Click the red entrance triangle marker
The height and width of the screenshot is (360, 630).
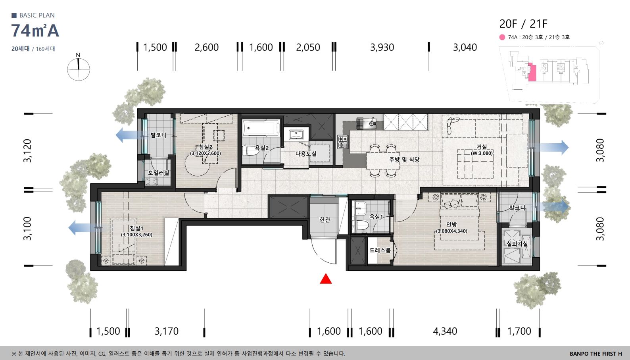coord(326,279)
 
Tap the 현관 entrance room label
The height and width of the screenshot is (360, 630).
coord(325,219)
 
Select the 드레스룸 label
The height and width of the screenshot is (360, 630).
coord(380,250)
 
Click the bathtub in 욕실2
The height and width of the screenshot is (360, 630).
coord(261,128)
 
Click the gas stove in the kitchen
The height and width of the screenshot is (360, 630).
coord(342,142)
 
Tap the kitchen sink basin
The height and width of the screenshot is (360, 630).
coord(372,123)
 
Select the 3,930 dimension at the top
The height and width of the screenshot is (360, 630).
coord(382,47)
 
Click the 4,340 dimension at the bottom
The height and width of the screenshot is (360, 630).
coord(445,331)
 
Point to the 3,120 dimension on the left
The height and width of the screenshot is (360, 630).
coord(27,150)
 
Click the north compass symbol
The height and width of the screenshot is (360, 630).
coord(79,67)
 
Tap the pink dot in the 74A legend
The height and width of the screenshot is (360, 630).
coord(502,37)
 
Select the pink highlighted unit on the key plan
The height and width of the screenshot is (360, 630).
coord(532,72)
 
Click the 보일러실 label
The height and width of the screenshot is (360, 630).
coord(159,173)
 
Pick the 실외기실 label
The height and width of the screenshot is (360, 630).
coord(517,244)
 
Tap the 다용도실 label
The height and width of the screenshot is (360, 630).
coord(306,154)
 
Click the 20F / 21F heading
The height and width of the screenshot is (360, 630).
coord(523,24)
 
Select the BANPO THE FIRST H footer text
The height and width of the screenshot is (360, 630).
coord(596,354)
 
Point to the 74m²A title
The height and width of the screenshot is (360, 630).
coord(35,31)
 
